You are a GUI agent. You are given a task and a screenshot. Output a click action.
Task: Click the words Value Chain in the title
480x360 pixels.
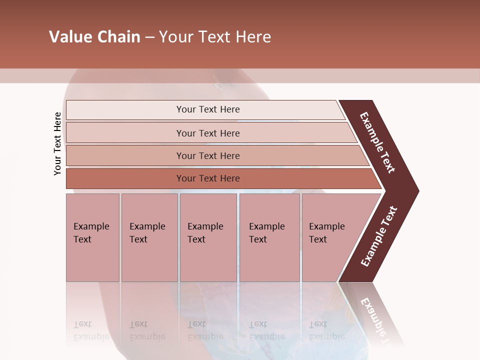[94, 37]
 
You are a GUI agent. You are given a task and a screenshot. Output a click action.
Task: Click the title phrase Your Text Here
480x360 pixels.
[215, 37]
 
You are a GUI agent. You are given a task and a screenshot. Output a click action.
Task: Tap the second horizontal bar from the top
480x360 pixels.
[208, 133]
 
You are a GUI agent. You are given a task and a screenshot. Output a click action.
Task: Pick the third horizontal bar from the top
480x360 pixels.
[208, 155]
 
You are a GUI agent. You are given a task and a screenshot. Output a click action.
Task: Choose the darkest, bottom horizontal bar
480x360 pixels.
[208, 178]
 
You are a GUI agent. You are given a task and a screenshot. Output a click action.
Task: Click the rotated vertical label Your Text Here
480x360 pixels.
[57, 143]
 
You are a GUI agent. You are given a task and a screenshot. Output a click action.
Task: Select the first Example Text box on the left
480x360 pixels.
[92, 237]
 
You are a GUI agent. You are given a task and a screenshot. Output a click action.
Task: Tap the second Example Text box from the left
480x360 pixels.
[149, 237]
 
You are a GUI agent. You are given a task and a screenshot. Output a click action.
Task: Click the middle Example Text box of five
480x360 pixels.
[208, 237]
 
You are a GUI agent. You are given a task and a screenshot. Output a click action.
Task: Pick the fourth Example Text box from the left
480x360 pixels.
[269, 237]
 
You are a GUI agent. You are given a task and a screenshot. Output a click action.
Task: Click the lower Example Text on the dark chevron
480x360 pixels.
[379, 236]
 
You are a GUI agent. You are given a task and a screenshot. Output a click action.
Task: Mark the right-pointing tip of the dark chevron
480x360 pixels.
[416, 190]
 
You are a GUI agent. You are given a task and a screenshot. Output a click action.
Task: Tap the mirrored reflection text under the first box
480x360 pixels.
[91, 330]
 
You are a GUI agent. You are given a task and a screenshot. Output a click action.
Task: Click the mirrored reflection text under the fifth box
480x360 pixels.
[326, 330]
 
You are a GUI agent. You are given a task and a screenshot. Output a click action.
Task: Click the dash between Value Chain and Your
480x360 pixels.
[149, 37]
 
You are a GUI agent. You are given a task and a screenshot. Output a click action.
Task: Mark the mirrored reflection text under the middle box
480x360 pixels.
[205, 330]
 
